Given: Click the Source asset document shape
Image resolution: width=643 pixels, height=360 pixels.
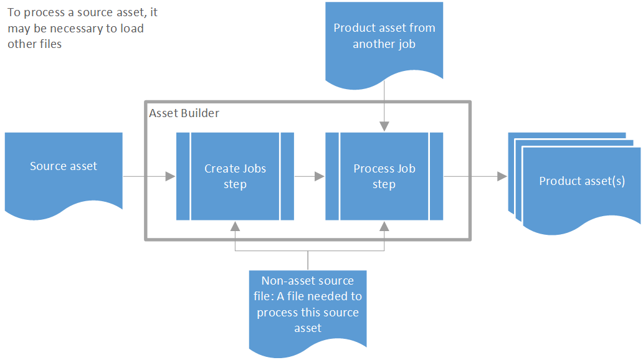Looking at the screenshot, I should click(x=64, y=167).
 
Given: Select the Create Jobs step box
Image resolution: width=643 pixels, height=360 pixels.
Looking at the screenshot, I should click(x=235, y=176).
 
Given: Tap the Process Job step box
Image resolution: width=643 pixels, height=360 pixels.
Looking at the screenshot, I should click(x=384, y=176).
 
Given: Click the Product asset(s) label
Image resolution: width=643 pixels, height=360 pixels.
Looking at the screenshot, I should click(x=581, y=181).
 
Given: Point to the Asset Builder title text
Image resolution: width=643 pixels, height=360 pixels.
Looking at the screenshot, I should click(x=184, y=113).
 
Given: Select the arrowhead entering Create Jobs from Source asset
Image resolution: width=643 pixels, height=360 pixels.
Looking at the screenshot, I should click(x=170, y=177).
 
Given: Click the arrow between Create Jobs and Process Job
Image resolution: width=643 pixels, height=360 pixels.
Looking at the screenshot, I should click(x=310, y=177).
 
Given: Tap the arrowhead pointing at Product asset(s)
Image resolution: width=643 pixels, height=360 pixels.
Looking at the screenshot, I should click(x=502, y=177).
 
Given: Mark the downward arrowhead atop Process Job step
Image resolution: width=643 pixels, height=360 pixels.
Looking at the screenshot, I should click(x=384, y=126).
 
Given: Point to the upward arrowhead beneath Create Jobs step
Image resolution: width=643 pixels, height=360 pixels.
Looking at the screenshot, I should click(x=235, y=225).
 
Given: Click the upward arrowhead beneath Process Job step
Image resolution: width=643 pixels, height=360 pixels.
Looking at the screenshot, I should click(x=384, y=225).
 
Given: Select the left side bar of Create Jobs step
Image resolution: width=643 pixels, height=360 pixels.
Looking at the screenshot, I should click(x=183, y=176).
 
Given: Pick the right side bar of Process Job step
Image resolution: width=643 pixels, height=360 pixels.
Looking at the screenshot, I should click(x=436, y=176).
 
